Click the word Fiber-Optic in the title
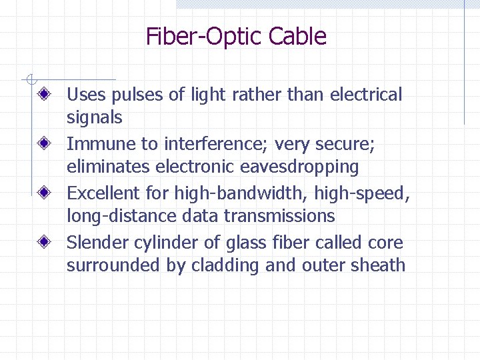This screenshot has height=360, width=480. [204, 37]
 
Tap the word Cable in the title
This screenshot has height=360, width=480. [297, 37]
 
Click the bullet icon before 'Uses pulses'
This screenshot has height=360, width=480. [45, 95]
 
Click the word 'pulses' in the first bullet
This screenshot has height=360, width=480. [137, 95]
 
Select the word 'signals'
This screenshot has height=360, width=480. [94, 118]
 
